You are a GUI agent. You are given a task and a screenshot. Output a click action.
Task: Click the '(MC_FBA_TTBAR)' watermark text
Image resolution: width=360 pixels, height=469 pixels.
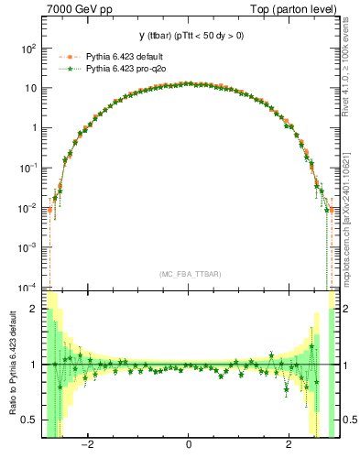(189, 273)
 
